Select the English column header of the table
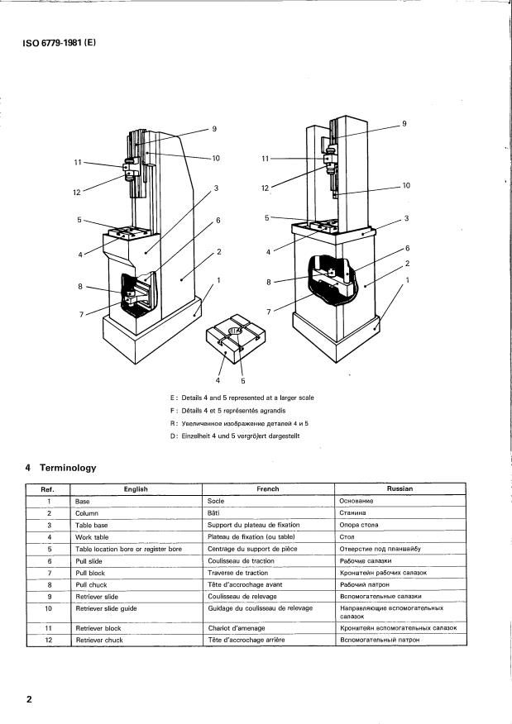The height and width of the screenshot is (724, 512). tap(135, 488)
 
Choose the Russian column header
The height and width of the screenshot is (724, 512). tap(400, 488)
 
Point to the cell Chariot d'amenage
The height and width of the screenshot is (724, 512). tap(237, 628)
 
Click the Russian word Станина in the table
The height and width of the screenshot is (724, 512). tap(354, 512)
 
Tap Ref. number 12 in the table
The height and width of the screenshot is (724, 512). tap(50, 640)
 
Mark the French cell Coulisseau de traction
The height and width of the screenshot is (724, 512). tap(242, 560)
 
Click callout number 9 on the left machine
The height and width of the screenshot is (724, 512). tap(213, 129)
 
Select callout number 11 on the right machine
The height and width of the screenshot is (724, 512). tap(266, 158)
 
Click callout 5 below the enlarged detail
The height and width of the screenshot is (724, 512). tap(243, 381)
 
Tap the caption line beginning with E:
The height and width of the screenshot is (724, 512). tap(242, 398)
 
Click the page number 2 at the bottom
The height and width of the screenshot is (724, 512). tap(29, 699)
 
